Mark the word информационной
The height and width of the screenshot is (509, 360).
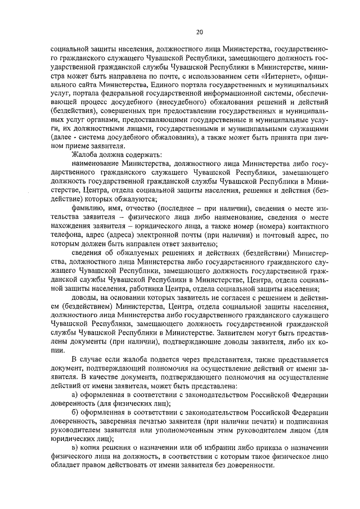(230, 94)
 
